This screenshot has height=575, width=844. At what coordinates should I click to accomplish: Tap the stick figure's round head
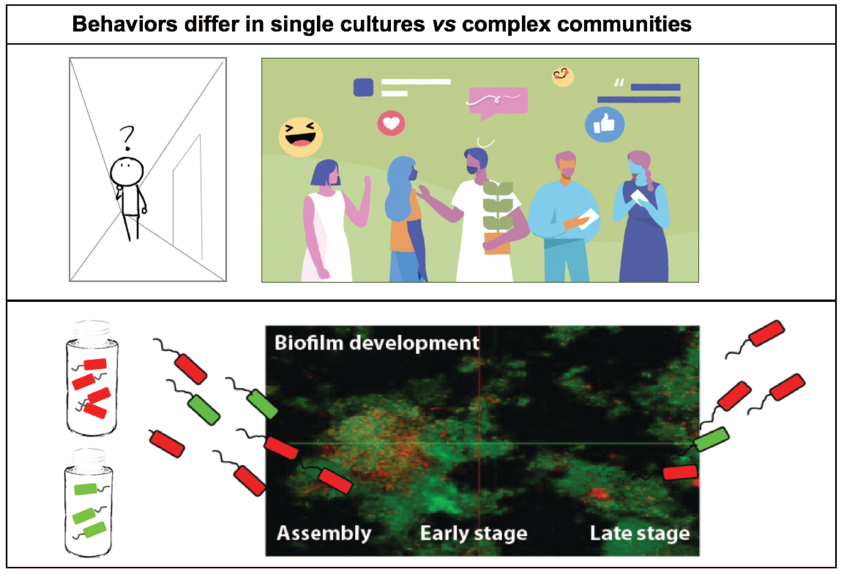[x=127, y=172]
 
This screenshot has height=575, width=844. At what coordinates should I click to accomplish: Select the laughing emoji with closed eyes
[x=300, y=137]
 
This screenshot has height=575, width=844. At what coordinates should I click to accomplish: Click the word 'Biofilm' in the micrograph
[x=309, y=343]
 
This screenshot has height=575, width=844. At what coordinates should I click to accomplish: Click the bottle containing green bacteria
[x=89, y=505]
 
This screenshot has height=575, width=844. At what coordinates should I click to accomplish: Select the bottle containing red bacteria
[x=92, y=380]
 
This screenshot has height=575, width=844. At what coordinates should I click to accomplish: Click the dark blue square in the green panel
[x=363, y=87]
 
